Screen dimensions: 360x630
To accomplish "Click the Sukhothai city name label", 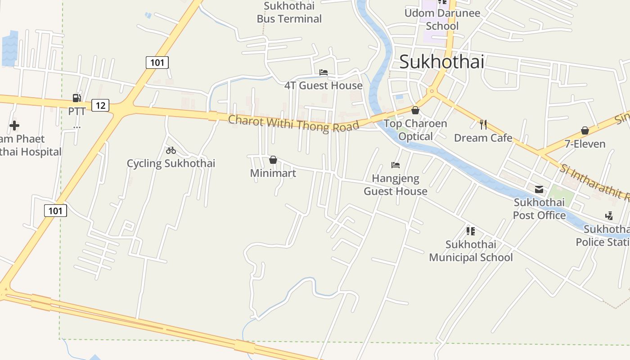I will coord(441,62).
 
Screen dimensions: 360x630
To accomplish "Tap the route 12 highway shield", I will coord(100,105).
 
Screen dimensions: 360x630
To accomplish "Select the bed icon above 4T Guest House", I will coord(323,72).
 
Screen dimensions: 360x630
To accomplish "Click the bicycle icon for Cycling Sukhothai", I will coord(171,150).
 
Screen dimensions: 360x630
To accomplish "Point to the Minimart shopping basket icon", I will coord(273,160).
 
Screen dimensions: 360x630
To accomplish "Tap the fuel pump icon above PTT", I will coord(77,98).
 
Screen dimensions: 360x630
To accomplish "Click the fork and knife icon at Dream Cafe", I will coord(483,125).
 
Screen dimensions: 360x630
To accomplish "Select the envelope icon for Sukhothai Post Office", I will coord(539,189).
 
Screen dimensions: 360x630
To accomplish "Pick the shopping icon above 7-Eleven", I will coord(585,131).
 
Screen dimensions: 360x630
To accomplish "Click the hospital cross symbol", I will coord(14,126).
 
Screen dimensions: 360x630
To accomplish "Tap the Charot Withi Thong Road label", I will coord(293,123).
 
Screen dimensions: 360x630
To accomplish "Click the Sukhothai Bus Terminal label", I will coord(289,13).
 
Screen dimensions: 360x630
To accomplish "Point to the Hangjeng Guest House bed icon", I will coord(396,165).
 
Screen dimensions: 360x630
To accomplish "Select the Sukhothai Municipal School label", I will coord(471,251).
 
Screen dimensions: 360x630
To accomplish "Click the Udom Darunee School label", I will coord(442,19).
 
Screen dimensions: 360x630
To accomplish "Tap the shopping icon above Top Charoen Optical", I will coord(415,110).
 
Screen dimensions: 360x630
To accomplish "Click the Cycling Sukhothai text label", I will coord(171,163).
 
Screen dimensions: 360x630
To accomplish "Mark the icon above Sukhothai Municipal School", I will coord(471,231).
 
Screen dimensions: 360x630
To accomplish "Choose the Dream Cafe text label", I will coord(483,138).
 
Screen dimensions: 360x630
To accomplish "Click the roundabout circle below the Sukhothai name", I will coord(432,91).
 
